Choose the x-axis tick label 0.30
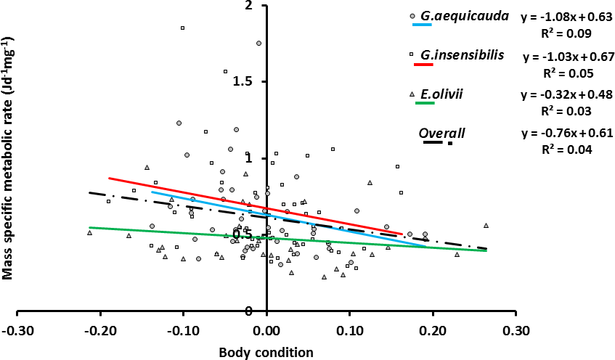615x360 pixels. (x=516, y=330)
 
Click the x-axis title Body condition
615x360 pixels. (x=266, y=353)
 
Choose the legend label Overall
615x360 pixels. (x=441, y=133)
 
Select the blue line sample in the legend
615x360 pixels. (x=422, y=25)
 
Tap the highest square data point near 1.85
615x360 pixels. (x=182, y=28)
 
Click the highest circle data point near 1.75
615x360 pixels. (x=258, y=43)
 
